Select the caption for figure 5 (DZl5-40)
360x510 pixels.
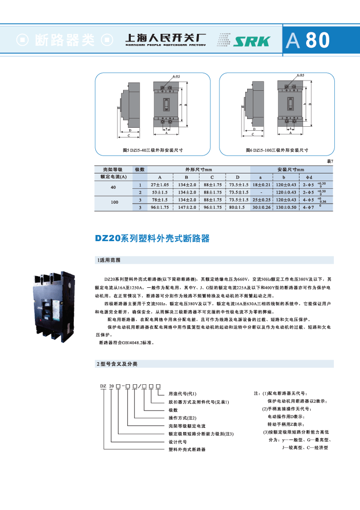tap(153, 150)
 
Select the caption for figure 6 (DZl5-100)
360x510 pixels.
tap(277, 150)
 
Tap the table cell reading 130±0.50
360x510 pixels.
tap(287, 207)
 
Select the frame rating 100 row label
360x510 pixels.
tap(114, 203)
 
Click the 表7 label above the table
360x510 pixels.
tap(330, 162)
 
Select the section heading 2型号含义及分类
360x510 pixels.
tap(117, 364)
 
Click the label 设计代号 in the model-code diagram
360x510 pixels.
tap(177, 441)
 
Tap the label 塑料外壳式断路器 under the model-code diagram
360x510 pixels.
tap(187, 449)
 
